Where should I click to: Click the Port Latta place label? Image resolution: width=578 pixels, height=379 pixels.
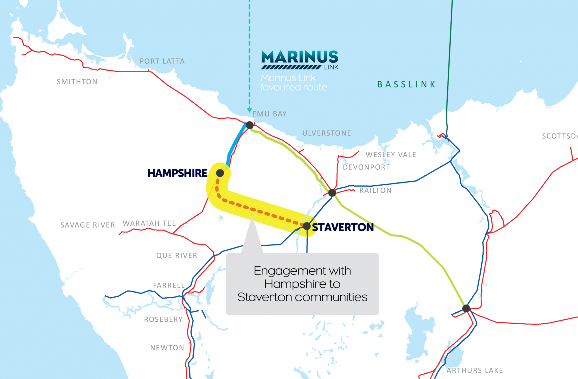[162, 61]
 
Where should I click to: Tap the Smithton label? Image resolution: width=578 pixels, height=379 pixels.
[77, 82]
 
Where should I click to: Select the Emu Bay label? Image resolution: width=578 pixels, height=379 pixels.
[269, 114]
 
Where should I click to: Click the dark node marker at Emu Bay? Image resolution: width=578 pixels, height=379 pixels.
[249, 125]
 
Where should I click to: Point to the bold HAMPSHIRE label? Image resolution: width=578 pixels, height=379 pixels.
[177, 173]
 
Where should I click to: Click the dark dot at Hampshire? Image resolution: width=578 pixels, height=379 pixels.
[220, 173]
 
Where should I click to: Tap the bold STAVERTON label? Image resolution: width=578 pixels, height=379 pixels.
[343, 227]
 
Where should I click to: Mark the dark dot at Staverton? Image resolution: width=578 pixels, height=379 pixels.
[307, 226]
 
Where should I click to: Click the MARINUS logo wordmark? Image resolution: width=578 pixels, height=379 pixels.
[300, 57]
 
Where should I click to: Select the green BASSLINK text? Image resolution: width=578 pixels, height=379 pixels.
[406, 84]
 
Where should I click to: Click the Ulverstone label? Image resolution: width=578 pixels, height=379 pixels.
[327, 133]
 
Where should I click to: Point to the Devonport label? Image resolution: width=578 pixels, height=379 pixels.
[366, 167]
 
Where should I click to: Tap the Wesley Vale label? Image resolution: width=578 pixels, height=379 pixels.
[391, 155]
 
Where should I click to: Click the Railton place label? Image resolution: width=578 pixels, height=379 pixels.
[375, 191]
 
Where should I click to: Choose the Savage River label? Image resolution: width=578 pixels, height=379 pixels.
[88, 225]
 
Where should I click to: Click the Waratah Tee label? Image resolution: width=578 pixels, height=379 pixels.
[149, 223]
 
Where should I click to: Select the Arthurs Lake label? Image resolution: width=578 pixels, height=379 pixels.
[475, 370]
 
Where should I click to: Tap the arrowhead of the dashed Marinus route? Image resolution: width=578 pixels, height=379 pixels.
[249, 110]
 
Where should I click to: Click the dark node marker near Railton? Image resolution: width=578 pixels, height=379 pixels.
[332, 193]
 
